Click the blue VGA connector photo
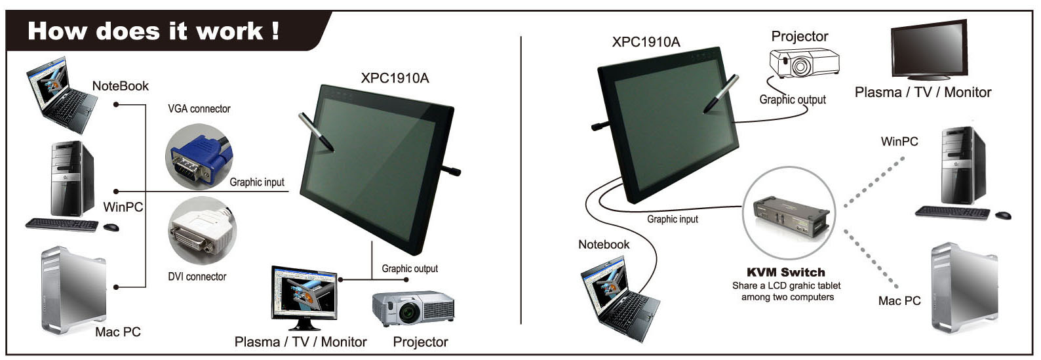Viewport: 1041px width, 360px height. [199, 157]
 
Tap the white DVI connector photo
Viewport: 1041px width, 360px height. [202, 231]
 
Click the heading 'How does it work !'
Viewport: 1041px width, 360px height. [153, 31]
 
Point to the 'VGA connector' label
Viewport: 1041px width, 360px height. [199, 109]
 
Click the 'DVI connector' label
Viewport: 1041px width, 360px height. [197, 277]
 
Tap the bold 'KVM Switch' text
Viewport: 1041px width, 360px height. [786, 272]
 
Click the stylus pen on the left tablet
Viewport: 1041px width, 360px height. [316, 132]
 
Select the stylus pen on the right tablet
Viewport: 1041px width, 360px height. [721, 94]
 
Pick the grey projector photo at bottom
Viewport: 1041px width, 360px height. [413, 308]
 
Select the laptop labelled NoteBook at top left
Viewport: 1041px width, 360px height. [62, 95]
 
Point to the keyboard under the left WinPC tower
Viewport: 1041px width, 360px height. [62, 225]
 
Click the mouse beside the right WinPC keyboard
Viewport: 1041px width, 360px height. [1003, 215]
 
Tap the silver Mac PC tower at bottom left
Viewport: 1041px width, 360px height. [74, 290]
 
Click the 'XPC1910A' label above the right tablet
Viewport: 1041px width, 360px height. [646, 43]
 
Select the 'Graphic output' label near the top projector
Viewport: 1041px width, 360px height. [793, 100]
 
